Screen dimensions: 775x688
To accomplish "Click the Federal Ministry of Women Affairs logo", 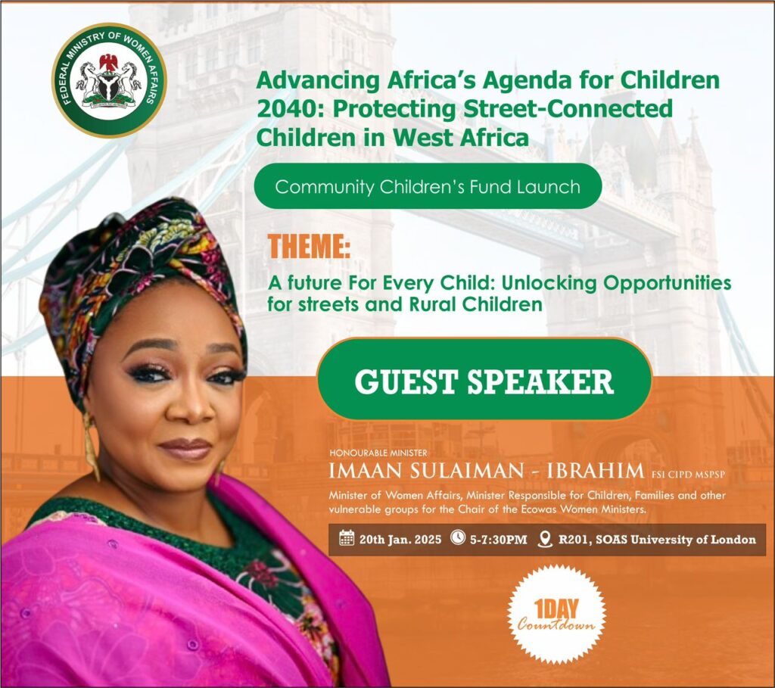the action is point(109,80).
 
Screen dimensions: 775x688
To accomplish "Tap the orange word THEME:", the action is point(309,246).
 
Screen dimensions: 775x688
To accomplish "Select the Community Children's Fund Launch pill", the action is point(428,186).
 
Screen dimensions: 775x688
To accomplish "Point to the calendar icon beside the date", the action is point(347,538).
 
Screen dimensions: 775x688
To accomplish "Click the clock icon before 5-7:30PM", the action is point(458,537).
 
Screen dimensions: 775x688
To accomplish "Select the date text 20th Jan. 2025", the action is point(400,539).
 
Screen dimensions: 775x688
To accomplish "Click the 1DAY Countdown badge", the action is point(556,615).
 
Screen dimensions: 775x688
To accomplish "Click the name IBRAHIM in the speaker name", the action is point(596,471).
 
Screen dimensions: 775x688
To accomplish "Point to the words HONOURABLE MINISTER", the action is point(378,453).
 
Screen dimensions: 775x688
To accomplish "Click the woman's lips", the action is point(185,448).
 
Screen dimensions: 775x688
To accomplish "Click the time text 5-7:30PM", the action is point(498,539).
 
